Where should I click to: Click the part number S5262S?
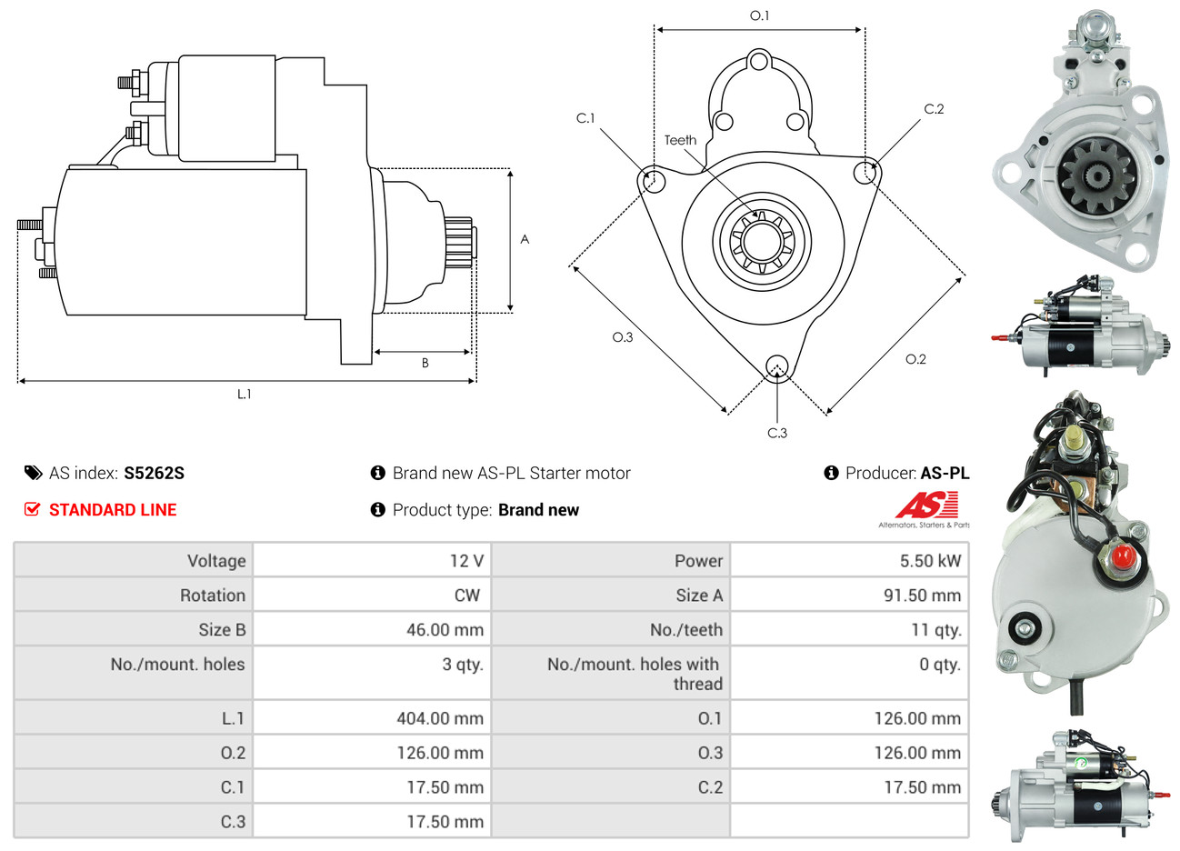[154, 473]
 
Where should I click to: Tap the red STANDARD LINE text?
[113, 509]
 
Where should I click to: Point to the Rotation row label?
[213, 596]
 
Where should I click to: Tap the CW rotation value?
[467, 596]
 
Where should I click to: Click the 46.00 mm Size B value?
[445, 630]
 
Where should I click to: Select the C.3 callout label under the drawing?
[777, 433]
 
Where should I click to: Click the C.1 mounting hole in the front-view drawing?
[653, 180]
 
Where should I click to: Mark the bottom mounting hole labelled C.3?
[777, 366]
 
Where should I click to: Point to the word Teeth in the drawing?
[680, 140]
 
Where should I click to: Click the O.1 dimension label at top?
[760, 15]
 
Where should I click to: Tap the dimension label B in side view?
[425, 363]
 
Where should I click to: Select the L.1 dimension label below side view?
[244, 395]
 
